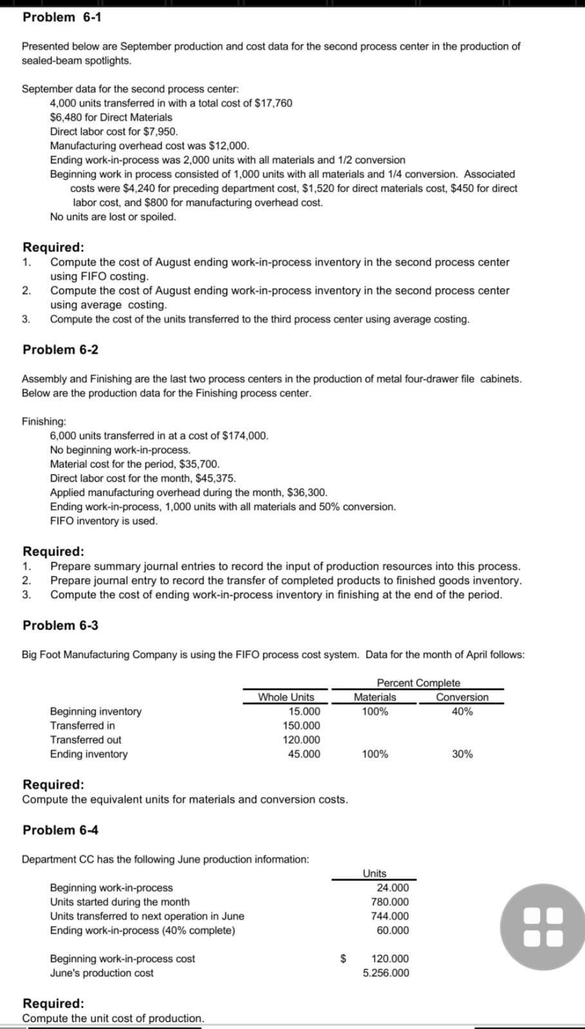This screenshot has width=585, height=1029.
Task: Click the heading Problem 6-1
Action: [x=62, y=17]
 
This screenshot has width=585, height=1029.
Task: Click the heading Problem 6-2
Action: [x=60, y=350]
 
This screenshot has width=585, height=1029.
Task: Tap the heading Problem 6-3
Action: [x=60, y=626]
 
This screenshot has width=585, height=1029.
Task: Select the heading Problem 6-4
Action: [x=60, y=830]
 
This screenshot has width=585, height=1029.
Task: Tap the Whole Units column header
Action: [x=286, y=697]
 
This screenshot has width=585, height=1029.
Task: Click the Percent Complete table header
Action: [x=418, y=683]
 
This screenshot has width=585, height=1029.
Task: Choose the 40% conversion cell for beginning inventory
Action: [x=462, y=712]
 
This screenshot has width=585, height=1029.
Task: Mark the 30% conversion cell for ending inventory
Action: [x=462, y=754]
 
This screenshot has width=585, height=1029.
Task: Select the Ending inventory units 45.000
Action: [x=304, y=754]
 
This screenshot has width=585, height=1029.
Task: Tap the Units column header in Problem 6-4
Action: [x=375, y=873]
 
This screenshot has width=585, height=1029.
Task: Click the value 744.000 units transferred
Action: [x=390, y=916]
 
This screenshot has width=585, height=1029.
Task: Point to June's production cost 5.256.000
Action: [x=385, y=973]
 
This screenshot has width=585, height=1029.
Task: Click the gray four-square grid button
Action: [x=543, y=927]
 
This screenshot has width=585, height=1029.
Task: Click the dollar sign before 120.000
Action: [x=343, y=959]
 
